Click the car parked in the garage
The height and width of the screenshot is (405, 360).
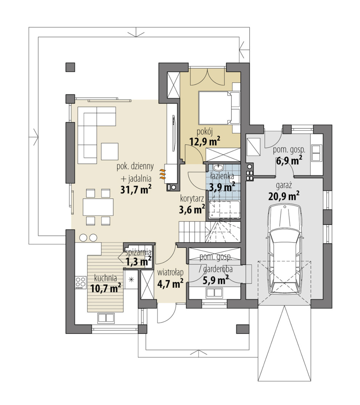click(x=284, y=250)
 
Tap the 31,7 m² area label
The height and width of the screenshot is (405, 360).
click(x=136, y=189)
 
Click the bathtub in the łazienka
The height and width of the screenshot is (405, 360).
click(x=225, y=210)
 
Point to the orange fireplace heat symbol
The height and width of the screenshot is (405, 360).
click(x=162, y=174)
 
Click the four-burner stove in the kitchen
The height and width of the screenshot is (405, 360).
click(x=80, y=282)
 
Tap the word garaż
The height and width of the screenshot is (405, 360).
click(x=284, y=186)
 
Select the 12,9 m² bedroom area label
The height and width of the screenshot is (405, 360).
click(x=204, y=141)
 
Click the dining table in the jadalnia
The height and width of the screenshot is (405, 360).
click(x=98, y=207)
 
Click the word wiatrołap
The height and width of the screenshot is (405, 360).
click(x=170, y=272)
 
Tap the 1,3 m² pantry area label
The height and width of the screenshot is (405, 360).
click(x=138, y=261)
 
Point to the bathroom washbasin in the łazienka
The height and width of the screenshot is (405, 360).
click(x=220, y=168)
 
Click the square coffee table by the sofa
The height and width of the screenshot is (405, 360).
click(x=110, y=151)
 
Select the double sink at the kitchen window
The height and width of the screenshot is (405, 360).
click(x=106, y=318)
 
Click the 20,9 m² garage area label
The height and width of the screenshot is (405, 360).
click(x=284, y=196)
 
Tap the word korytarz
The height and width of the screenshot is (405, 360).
click(x=192, y=198)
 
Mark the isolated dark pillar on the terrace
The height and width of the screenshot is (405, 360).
click(x=70, y=67)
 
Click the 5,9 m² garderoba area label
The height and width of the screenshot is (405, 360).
click(x=215, y=280)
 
